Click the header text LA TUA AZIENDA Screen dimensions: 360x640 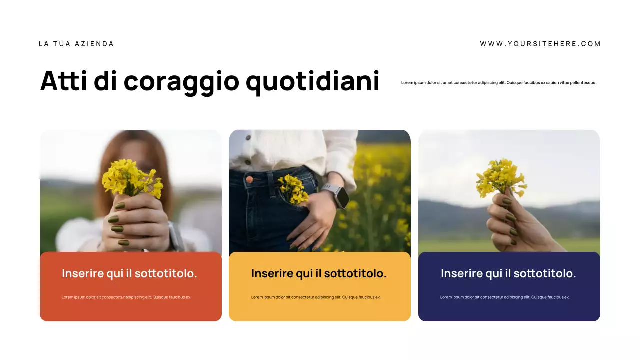point(76,44)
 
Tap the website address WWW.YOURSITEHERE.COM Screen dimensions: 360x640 point(540,44)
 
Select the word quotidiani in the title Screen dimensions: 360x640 point(313,81)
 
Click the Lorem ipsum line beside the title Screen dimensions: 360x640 point(499,83)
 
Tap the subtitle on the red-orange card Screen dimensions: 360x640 point(129,274)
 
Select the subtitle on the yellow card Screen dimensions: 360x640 point(319,274)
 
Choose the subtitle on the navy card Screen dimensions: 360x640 point(508,274)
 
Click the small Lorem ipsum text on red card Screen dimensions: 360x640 point(126,297)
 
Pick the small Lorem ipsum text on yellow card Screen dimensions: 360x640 point(316,297)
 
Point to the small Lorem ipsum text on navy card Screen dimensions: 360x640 point(505,297)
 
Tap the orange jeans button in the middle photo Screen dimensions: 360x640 point(249,179)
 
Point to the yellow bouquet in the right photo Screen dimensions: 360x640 point(500,177)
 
